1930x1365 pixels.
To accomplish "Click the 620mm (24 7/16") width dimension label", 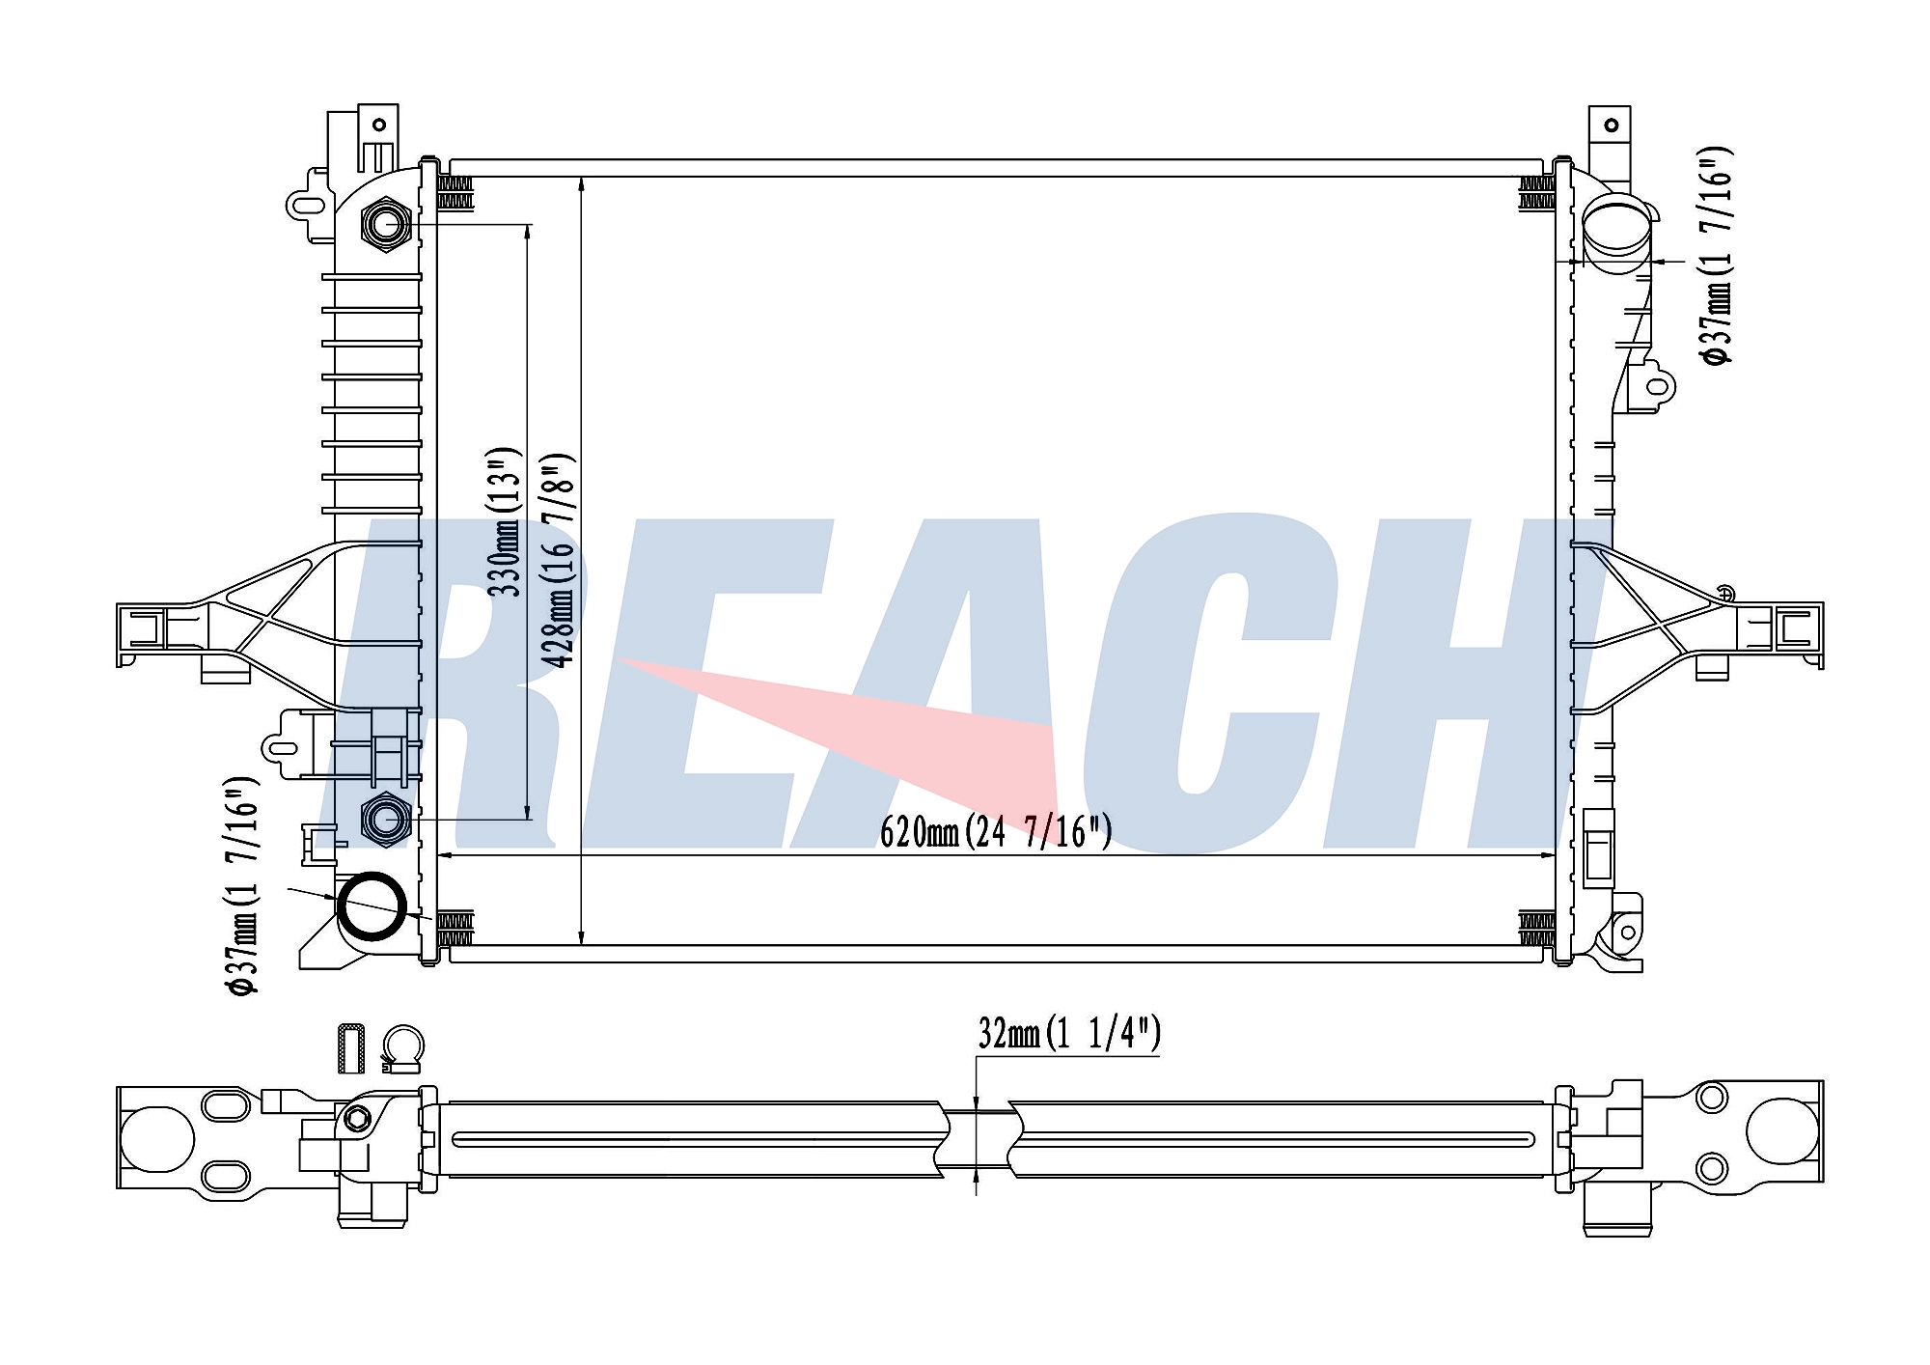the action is click(x=996, y=831).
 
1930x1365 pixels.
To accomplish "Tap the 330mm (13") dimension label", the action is click(x=504, y=521).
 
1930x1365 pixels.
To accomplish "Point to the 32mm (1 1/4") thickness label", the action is click(x=1069, y=1034).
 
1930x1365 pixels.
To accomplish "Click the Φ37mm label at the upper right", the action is click(x=1717, y=256).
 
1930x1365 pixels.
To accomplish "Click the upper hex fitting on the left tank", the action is click(x=386, y=225).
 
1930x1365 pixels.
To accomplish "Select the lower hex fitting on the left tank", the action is click(x=386, y=820).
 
